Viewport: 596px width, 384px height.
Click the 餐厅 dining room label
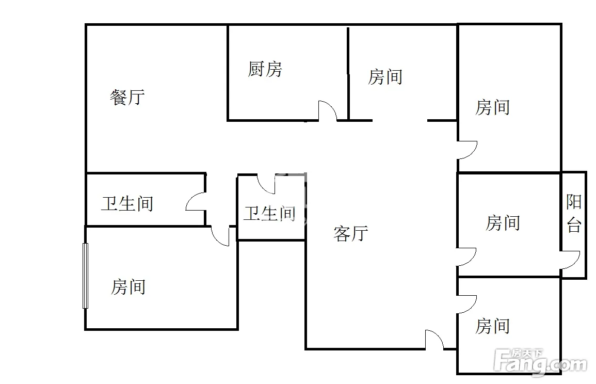point(127,98)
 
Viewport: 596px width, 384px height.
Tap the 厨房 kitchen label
point(265,69)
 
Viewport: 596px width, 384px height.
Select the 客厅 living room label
point(351,233)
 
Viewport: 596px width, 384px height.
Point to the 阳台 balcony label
point(574,213)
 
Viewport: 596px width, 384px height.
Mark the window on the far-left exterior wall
point(85,275)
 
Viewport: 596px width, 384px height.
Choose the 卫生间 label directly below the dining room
point(127,204)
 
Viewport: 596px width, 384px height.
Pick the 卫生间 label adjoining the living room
point(270,213)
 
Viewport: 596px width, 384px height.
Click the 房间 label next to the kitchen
point(385,77)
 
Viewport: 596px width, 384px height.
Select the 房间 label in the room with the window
point(128,287)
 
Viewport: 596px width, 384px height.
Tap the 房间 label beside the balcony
point(503,223)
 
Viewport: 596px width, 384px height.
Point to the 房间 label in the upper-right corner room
point(493,107)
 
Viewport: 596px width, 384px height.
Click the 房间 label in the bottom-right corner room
point(493,326)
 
